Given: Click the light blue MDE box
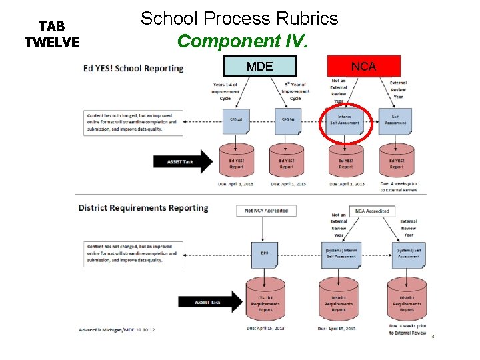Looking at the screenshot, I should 260,66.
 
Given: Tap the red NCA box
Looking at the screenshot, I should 364,66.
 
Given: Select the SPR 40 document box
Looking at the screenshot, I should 236,121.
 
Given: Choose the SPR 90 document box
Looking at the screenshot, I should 288,121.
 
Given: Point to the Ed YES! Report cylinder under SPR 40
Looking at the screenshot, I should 236,161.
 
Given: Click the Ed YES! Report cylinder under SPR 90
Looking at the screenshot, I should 287,161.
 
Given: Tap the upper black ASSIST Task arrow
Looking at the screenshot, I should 183,161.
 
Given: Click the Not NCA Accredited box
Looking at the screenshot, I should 266,211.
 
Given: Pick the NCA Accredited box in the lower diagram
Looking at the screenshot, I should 373,211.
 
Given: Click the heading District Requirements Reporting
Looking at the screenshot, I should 143,208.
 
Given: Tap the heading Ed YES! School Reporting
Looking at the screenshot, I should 133,68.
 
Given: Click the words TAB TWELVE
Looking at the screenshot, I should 51,35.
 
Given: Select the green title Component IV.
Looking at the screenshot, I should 243,41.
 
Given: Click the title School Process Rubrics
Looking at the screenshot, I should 239,19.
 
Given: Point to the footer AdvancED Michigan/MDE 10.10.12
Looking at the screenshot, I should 117,329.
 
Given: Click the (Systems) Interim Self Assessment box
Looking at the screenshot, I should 341,254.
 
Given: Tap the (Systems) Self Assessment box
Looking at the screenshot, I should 408,254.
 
